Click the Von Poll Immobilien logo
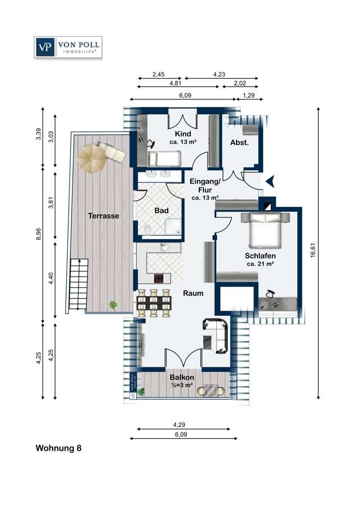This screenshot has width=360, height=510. pos(68,47)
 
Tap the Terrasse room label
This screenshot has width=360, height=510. pos(104,216)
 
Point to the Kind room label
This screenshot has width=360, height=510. pos(183,134)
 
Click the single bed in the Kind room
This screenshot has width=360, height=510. pos(164,159)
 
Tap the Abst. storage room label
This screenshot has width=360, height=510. pos(239,142)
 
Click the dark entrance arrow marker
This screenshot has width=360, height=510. pos(271,181)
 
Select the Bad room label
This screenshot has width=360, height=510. pos(161,211)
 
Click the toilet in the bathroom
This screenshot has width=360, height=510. pos(148,229)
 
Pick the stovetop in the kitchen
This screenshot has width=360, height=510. pos(159,278)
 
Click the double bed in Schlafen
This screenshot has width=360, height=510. pos(265,229)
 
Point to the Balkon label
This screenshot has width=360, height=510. pos(182,377)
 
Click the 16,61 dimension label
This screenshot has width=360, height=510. pos(313,250)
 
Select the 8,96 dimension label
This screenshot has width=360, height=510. pos(38,234)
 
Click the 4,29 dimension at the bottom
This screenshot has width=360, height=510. pos(179,424)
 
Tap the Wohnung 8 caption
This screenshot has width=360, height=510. pos(59,448)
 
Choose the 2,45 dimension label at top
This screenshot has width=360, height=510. pos(159,74)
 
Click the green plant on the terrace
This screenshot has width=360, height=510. pos(113,305)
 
